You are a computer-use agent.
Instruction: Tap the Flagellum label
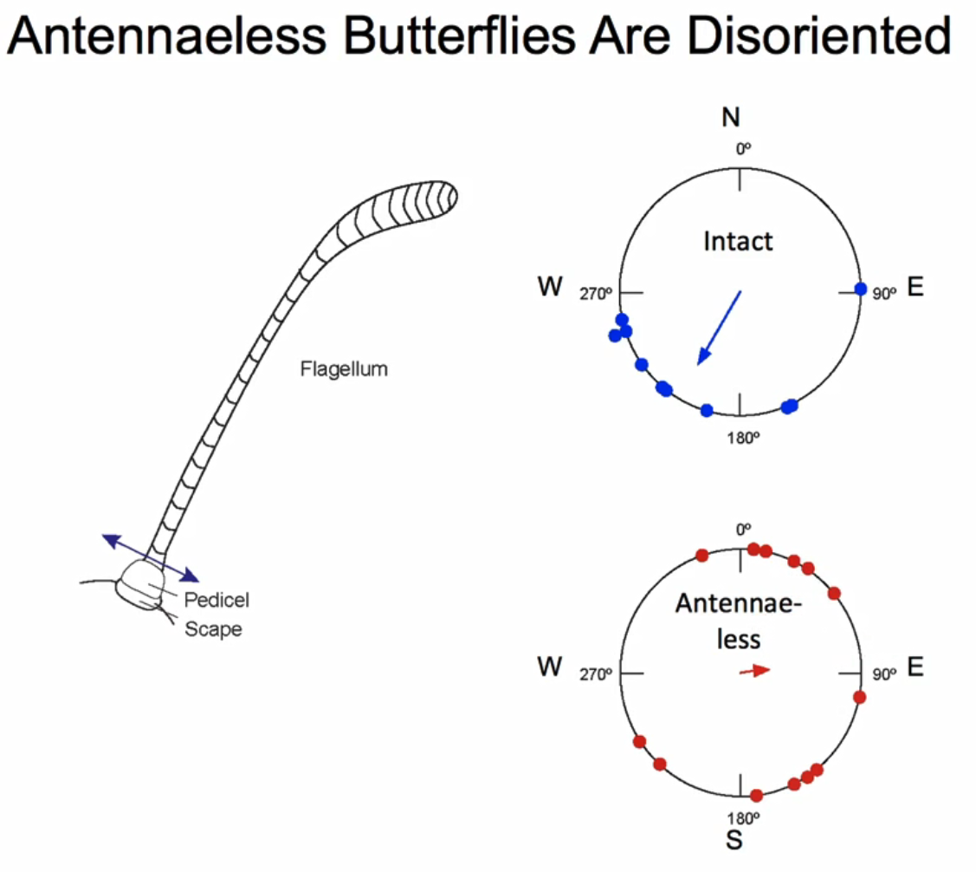point(344,369)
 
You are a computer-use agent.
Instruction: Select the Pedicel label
point(217,599)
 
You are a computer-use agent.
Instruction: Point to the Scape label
point(213,629)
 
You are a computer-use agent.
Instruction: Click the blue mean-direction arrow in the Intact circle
point(720,328)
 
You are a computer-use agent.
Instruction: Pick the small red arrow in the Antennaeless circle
point(755,671)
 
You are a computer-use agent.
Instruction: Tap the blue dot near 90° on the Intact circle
point(860,289)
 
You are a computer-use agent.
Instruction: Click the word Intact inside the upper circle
point(738,240)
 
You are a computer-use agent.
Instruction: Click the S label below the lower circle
point(734,840)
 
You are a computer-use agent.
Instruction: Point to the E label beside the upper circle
point(915,289)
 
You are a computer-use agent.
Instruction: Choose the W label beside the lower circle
point(549,667)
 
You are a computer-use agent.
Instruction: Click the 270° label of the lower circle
point(597,674)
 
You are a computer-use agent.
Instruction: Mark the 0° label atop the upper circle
point(743,149)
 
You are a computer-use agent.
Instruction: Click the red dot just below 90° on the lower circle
point(859,697)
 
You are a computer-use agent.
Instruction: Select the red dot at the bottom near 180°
point(756,796)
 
